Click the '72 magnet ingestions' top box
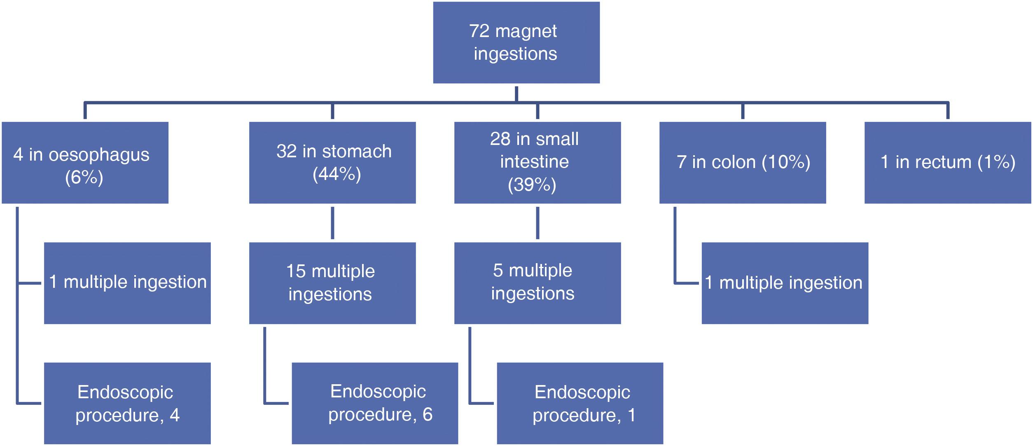tap(516, 42)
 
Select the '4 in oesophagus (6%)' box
tap(85, 163)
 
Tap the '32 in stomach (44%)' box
tap(332, 163)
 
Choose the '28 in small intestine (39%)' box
tap(537, 163)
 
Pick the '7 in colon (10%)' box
tap(742, 163)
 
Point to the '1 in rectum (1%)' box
tap(947, 163)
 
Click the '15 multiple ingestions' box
tap(332, 283)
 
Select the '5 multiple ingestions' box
tap(537, 283)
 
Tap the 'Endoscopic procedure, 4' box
tap(127, 403)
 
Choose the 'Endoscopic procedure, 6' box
tap(375, 403)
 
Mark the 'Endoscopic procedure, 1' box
tap(580, 403)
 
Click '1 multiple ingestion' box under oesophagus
tap(127, 283)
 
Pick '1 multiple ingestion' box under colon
tap(785, 283)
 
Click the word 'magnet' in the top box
tap(526, 31)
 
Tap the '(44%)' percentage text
tap(337, 174)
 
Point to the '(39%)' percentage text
tap(532, 185)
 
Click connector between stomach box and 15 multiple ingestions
tap(332, 223)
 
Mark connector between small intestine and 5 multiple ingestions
tap(537, 223)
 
